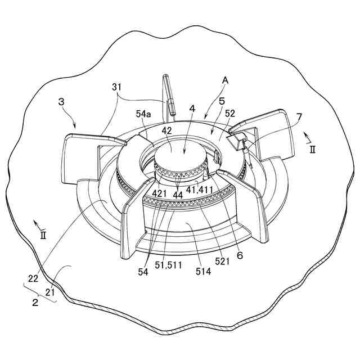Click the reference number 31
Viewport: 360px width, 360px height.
(117, 87)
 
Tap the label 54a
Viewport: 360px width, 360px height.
(143, 114)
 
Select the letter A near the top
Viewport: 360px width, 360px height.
(226, 80)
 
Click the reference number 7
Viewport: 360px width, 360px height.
(299, 117)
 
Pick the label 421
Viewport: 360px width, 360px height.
(159, 193)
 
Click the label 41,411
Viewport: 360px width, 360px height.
(200, 190)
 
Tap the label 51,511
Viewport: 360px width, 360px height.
(168, 265)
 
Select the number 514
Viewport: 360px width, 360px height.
(204, 271)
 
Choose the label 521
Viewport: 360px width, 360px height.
(222, 261)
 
